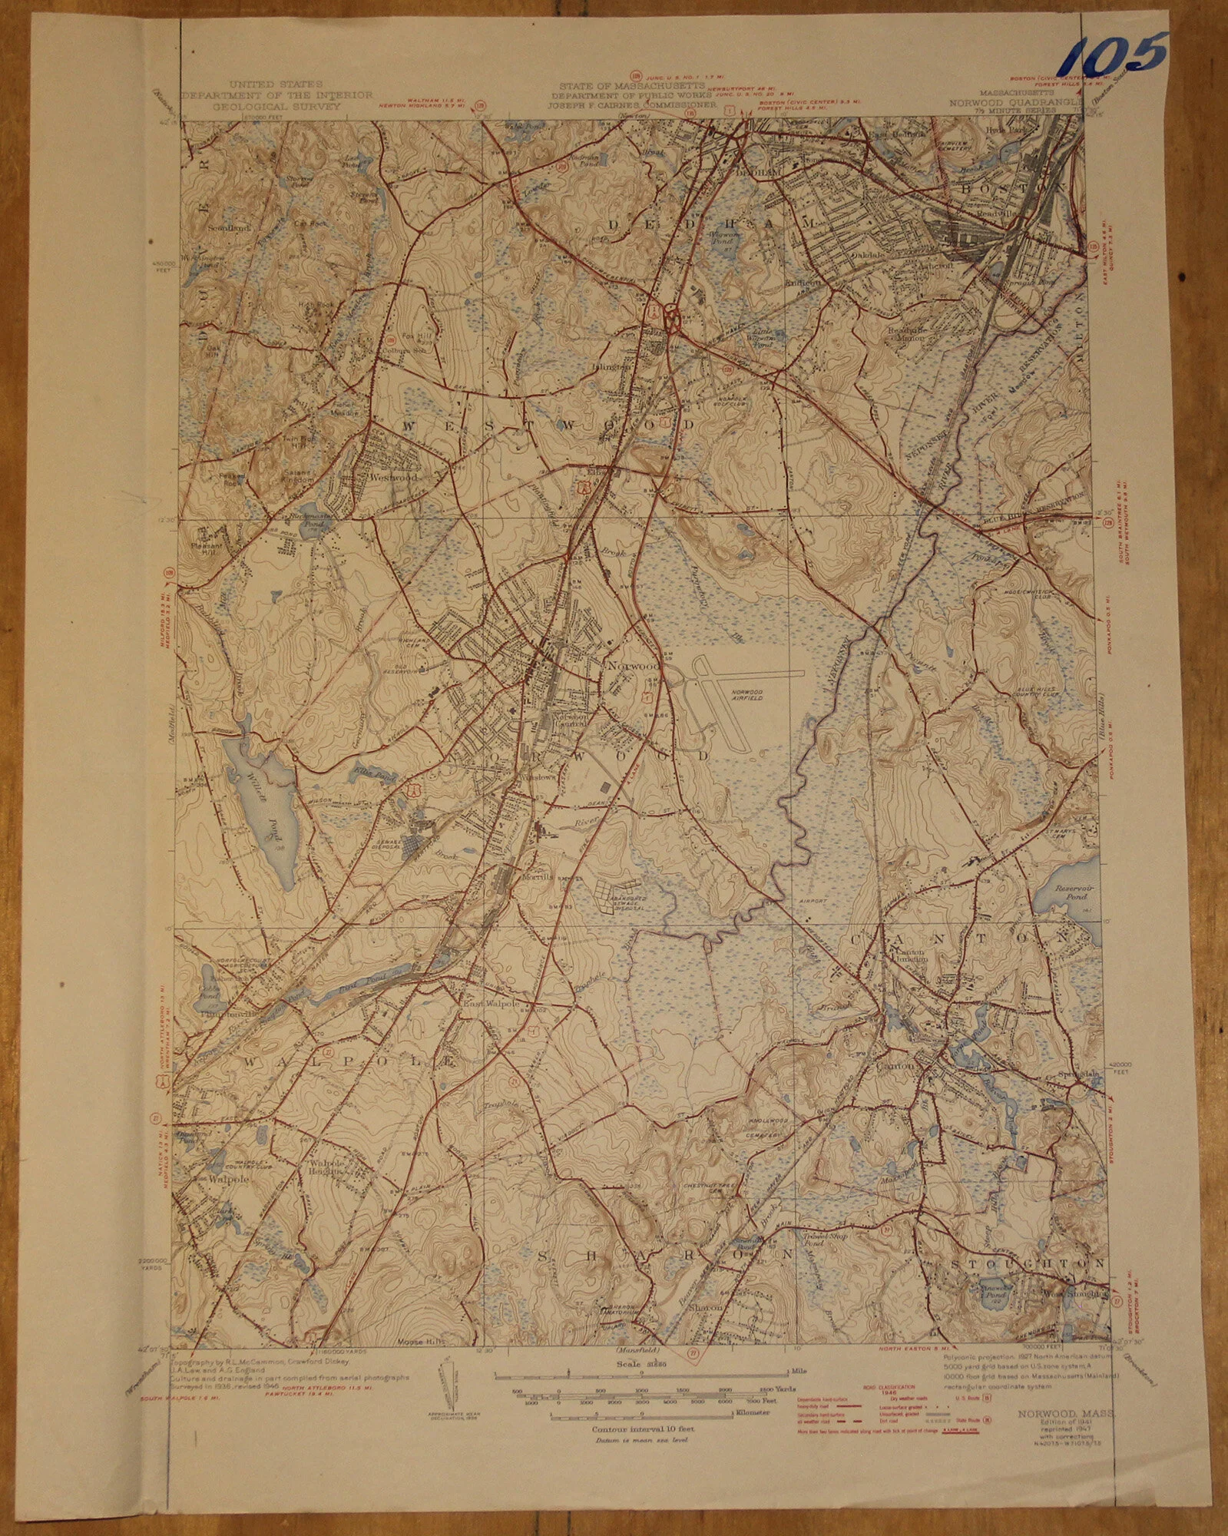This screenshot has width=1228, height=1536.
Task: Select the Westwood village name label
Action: click(x=392, y=477)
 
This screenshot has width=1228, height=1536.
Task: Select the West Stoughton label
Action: click(x=1075, y=1293)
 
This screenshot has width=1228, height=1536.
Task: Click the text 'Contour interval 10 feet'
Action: click(x=643, y=1429)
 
